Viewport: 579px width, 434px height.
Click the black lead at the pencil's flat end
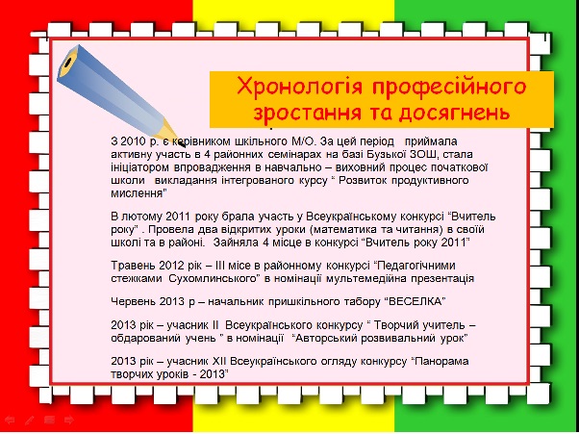(67, 63)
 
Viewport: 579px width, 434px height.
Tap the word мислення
(137, 193)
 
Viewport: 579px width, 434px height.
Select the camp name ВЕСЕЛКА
(415, 301)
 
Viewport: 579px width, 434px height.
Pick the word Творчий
(395, 325)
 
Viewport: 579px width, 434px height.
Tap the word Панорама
(442, 361)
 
